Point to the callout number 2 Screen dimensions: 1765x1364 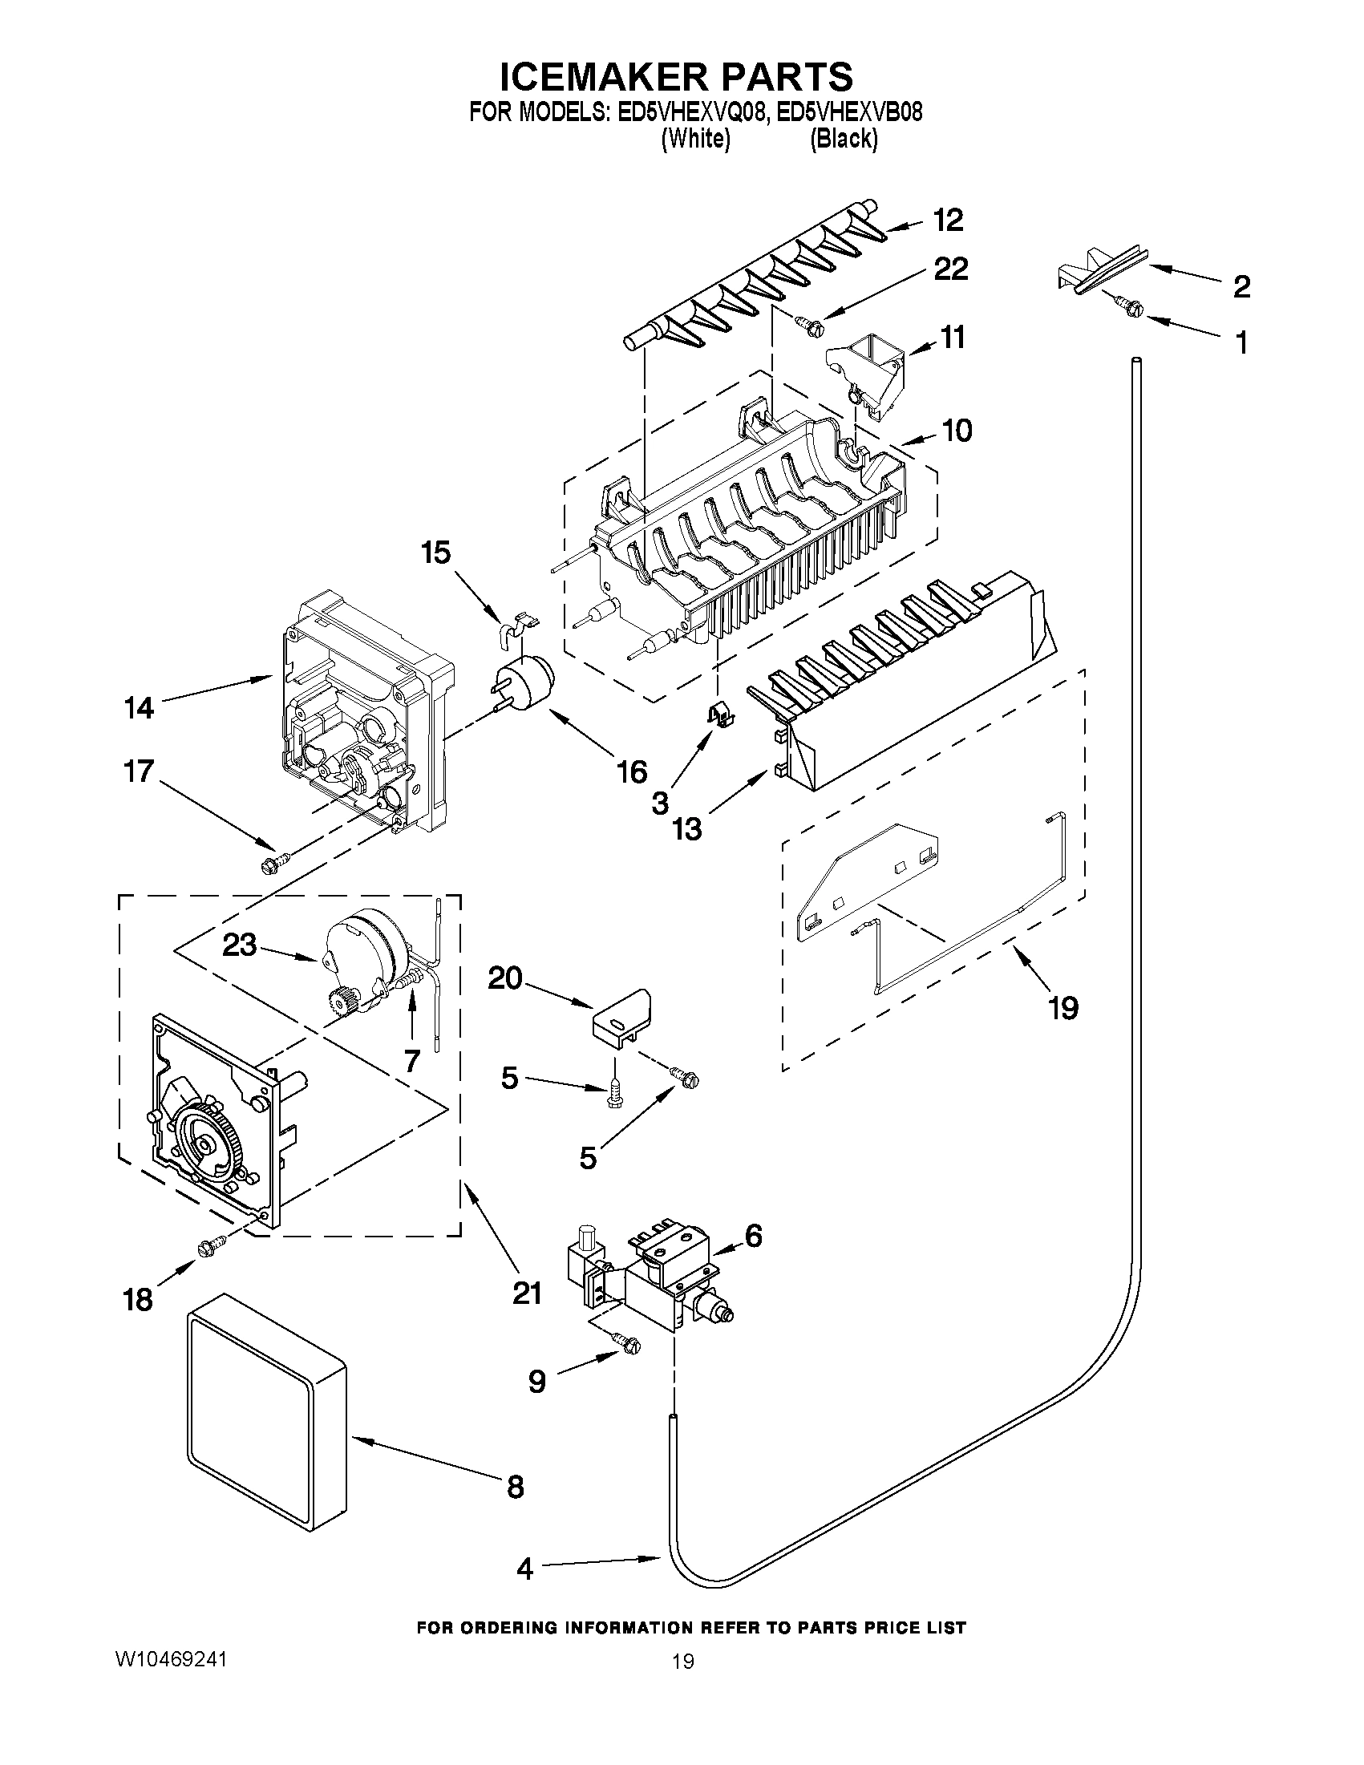coord(1241,286)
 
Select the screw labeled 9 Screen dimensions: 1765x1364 coord(628,1343)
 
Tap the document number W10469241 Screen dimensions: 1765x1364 coord(172,1658)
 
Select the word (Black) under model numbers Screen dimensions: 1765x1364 coord(844,139)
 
